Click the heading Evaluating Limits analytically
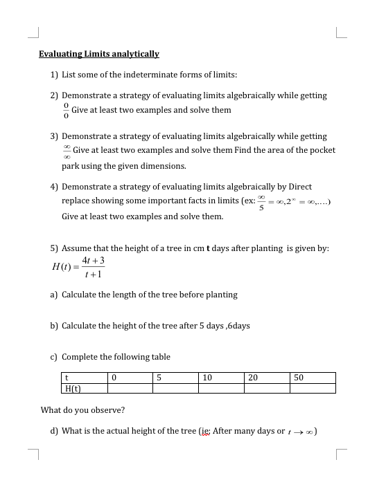[99, 53]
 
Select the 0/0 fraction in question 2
[67, 111]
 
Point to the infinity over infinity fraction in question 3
[67, 151]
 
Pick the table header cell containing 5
[176, 378]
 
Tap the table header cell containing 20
[267, 378]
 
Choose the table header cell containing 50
[313, 378]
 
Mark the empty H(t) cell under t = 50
[313, 388]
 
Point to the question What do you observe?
[82, 410]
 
